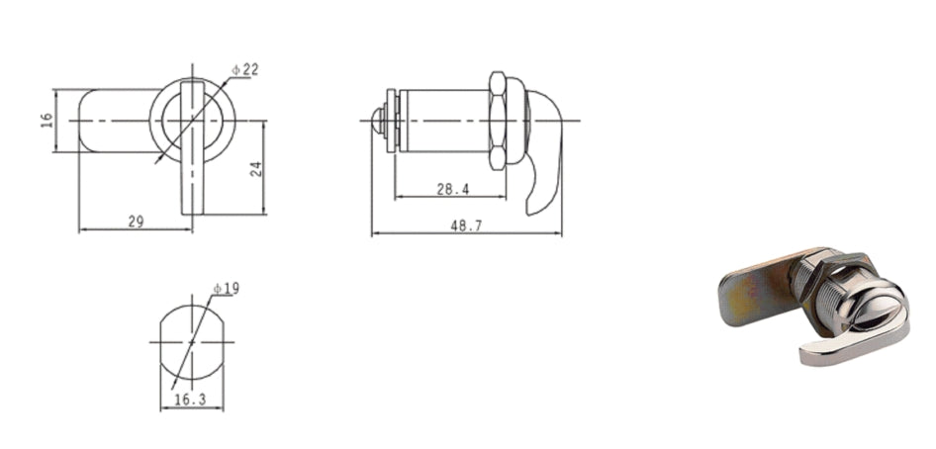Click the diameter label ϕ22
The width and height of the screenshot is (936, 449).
[245, 70]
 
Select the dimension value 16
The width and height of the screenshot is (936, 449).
[47, 121]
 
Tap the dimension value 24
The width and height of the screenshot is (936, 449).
[256, 169]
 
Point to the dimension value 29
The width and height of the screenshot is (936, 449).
[137, 222]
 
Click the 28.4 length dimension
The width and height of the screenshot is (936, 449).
[452, 189]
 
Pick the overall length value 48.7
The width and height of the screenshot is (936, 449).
[466, 225]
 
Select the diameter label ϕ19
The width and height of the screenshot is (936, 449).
[227, 289]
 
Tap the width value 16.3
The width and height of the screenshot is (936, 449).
[190, 401]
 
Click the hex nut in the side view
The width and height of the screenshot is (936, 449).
[498, 121]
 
